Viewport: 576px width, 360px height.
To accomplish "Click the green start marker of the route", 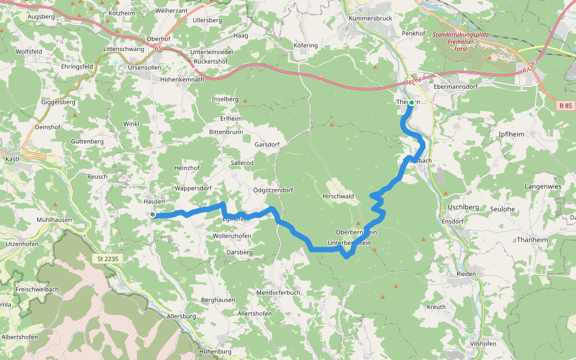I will click(412, 103).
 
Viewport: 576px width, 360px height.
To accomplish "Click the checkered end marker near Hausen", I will click(152, 215).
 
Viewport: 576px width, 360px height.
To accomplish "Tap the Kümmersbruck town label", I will click(370, 19).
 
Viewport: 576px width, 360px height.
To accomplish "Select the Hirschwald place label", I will click(338, 196).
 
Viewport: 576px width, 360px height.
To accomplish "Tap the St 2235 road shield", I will click(108, 259).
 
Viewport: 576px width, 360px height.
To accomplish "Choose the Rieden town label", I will click(466, 274).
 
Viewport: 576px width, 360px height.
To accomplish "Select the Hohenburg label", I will click(215, 351).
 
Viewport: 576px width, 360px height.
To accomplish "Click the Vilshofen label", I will click(484, 343).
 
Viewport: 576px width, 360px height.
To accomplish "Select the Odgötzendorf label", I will click(273, 190).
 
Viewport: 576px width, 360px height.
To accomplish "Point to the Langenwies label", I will click(542, 187).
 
